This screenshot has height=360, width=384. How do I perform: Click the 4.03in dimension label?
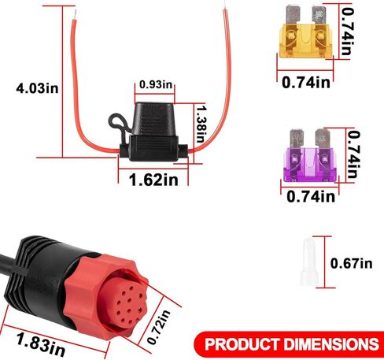point(37,88)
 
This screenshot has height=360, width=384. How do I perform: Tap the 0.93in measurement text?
point(156,84)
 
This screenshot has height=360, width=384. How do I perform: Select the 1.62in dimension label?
point(153,180)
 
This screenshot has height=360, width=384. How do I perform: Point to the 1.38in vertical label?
point(201,124)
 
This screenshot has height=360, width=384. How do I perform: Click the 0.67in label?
point(351,263)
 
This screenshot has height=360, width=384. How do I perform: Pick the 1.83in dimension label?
point(41,343)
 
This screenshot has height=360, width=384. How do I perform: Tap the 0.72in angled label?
point(158,327)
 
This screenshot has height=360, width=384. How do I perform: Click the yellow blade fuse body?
point(306,41)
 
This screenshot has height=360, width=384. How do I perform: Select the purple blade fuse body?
point(310,165)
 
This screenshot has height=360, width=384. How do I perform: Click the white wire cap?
point(309,262)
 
